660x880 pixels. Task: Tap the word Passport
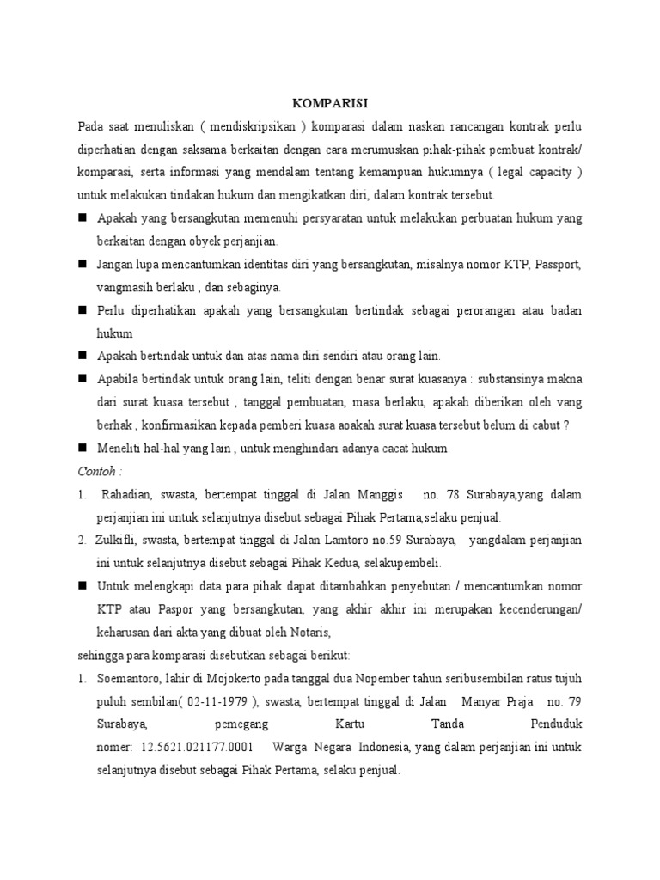(559, 264)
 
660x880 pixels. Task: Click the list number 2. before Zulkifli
(82, 541)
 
